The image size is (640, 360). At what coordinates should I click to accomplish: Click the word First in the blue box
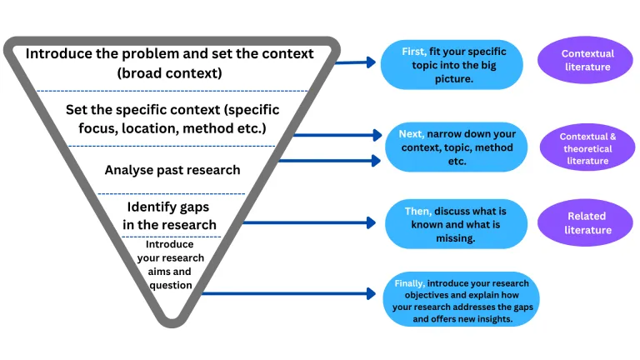414,52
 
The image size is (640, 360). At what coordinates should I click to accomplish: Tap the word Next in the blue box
411,134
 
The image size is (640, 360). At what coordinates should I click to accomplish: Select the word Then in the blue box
417,211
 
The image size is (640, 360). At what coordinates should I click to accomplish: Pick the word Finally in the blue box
408,283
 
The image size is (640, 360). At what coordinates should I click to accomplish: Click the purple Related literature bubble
586,222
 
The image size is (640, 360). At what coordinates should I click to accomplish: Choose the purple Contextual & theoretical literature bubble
587,148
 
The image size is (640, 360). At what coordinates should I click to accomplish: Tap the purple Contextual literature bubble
587,60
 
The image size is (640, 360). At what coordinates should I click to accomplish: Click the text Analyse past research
172,170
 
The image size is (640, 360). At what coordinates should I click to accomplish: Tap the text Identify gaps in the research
172,215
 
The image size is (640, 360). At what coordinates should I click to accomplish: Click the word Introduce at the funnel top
61,53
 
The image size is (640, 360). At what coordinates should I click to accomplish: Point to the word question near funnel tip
170,285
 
